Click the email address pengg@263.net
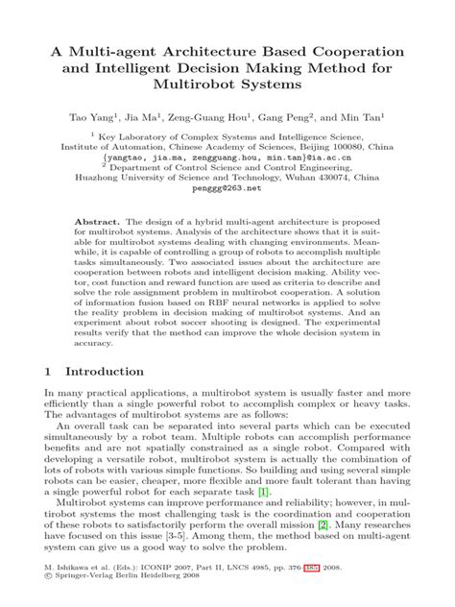(x=227, y=189)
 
